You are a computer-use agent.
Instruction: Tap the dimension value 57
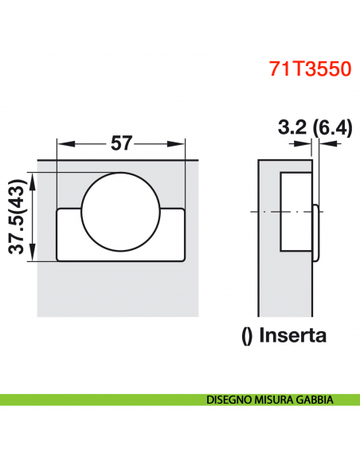(x=122, y=143)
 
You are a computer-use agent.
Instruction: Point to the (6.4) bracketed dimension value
(x=330, y=127)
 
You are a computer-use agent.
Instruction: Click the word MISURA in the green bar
(x=277, y=400)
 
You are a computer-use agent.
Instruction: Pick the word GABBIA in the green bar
(x=318, y=400)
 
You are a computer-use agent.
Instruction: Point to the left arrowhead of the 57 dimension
(x=63, y=144)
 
